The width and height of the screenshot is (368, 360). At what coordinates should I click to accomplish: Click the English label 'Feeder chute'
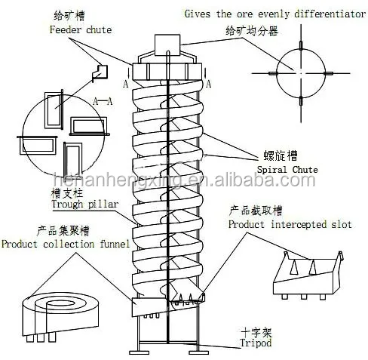point(81,29)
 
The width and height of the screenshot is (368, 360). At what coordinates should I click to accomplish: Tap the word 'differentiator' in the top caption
point(330,14)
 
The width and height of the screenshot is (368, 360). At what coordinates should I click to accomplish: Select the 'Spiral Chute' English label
point(287,170)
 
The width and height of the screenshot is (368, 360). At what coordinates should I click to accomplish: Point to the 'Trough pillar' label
point(84,204)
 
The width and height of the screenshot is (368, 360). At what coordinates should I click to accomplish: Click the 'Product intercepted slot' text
point(290,224)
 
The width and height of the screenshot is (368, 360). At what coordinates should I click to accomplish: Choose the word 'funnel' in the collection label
point(115,244)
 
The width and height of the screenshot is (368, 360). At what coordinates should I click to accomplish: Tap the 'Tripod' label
point(256,343)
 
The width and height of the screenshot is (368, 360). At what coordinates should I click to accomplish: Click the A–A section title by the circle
point(103,102)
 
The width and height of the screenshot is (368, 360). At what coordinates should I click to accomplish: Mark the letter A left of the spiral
point(126,84)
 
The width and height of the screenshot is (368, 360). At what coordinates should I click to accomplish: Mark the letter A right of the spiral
point(208,84)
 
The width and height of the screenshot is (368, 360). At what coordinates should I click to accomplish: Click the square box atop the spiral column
point(167,45)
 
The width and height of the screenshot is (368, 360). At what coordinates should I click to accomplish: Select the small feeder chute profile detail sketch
point(100,73)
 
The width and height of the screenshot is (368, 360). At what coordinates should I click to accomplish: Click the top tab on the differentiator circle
point(301,45)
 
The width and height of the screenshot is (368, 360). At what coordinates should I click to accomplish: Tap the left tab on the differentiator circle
point(274,73)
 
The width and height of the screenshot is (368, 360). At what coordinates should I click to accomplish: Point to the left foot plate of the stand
point(139,352)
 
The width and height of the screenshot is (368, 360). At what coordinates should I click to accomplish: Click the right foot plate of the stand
point(198,352)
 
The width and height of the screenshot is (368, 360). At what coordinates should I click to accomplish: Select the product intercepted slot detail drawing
point(308,275)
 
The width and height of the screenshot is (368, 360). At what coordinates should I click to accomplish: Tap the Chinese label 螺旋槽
point(281,155)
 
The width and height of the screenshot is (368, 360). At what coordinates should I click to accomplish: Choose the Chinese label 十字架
point(256,333)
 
